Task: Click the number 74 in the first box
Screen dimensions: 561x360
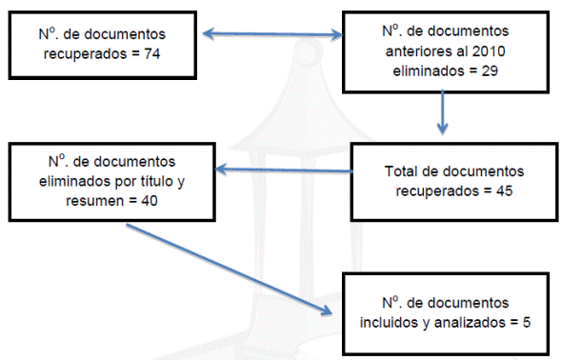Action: tap(152, 54)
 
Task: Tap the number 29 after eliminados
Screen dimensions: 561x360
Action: tap(490, 70)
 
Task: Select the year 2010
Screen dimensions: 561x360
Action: tap(489, 51)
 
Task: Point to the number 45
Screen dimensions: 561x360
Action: tap(505, 190)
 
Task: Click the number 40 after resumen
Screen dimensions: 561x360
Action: tap(150, 201)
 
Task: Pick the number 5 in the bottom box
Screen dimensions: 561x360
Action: tap(527, 323)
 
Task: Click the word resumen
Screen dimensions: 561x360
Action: tap(95, 201)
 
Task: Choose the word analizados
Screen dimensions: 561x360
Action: tap(470, 323)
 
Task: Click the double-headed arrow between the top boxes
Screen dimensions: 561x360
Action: tap(273, 34)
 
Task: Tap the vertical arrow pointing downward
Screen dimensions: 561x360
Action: tap(443, 112)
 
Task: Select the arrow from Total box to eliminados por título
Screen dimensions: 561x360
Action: tap(284, 170)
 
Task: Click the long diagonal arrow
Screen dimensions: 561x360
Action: tap(230, 270)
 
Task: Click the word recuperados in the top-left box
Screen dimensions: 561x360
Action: tap(85, 54)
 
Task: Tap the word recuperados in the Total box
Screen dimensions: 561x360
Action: tap(437, 191)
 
